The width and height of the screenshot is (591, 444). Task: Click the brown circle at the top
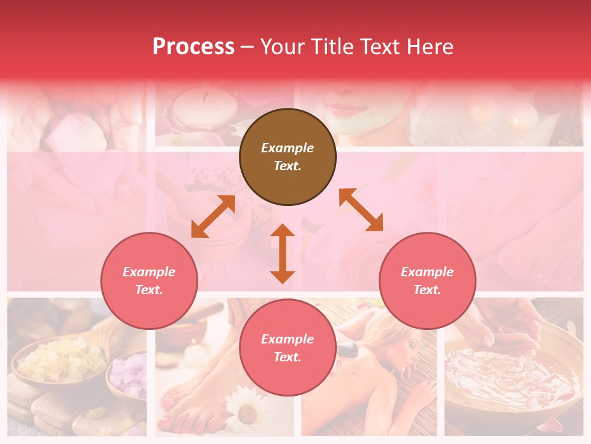click(287, 157)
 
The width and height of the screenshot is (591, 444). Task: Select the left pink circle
click(149, 281)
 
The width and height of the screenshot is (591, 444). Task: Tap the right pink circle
click(427, 281)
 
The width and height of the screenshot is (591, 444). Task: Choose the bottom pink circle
click(287, 348)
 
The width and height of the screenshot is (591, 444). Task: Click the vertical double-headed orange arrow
click(283, 253)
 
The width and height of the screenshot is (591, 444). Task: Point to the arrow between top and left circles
click(214, 216)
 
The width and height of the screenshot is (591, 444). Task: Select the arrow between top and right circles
click(361, 210)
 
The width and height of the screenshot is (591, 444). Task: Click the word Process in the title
click(193, 46)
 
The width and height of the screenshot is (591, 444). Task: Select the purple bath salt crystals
click(130, 376)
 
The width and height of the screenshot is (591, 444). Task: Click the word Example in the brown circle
click(287, 148)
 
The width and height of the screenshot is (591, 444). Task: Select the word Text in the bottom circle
click(286, 357)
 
